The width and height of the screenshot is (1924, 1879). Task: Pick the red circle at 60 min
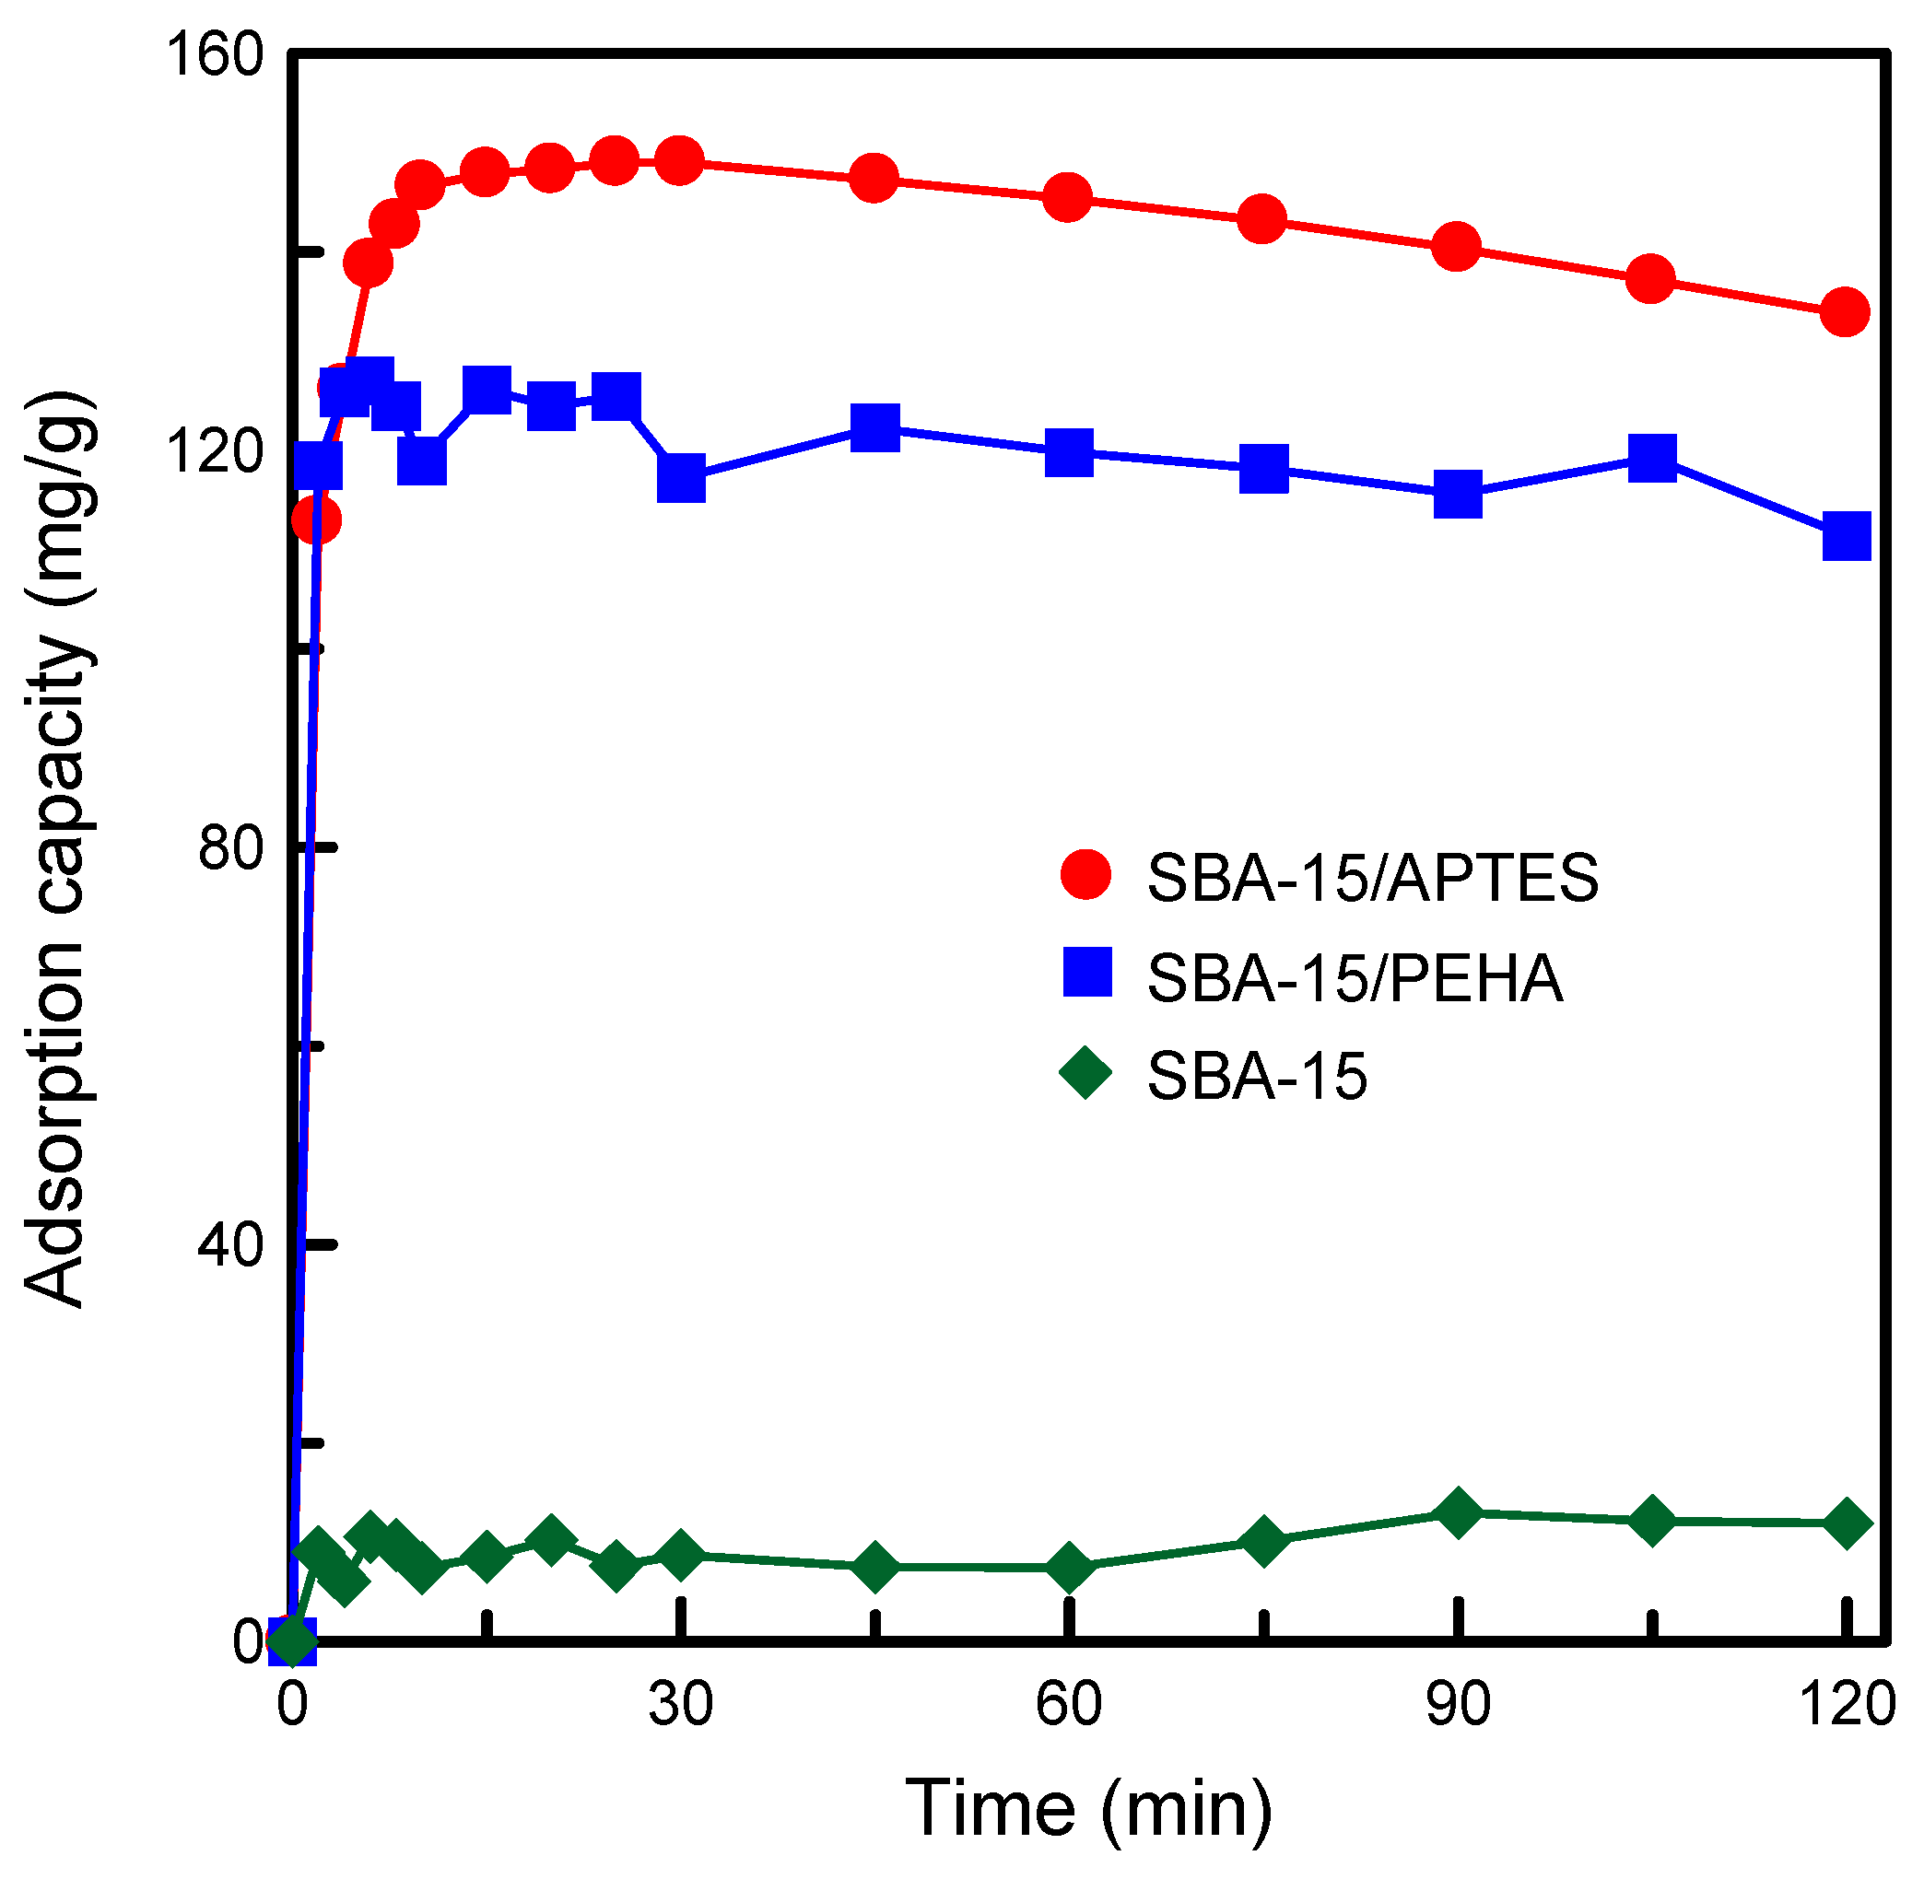(1067, 197)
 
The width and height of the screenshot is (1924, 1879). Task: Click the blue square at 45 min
(874, 426)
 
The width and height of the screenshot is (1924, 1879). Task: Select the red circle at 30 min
(679, 160)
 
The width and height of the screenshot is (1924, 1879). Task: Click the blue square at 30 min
(681, 479)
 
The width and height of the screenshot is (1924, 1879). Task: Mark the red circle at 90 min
(1456, 245)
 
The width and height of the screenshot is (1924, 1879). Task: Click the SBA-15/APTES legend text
(1372, 876)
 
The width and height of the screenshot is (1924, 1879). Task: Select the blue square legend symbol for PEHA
(1087, 972)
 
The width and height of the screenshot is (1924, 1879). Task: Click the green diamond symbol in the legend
(1085, 1074)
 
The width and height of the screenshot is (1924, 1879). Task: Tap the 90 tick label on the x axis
(1457, 1703)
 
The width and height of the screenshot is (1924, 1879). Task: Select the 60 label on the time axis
(1068, 1703)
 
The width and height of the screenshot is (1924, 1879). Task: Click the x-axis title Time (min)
(1088, 1808)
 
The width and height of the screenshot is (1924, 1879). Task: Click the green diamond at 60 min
(1069, 1567)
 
